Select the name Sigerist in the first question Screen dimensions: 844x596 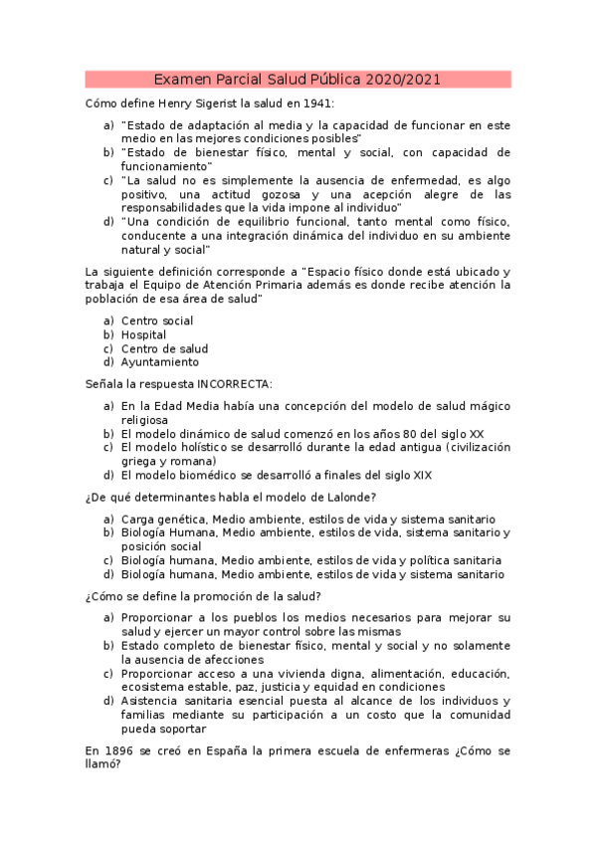pos(231,104)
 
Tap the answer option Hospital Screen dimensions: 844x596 pos(143,335)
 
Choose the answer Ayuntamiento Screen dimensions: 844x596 pos(159,362)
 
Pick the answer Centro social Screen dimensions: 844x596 pos(157,321)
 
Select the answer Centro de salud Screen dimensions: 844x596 pos(164,349)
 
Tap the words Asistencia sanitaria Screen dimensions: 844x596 pos(176,701)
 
